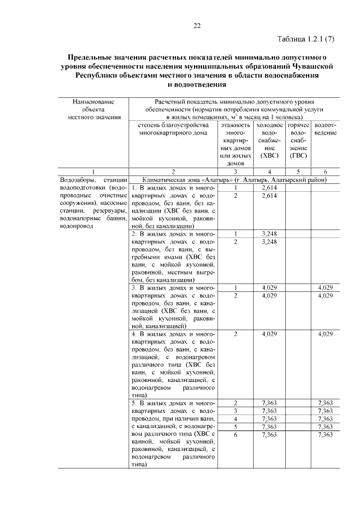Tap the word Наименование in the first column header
pyautogui.click(x=93, y=102)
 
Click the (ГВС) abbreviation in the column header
pyautogui.click(x=298, y=155)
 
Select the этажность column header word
pyautogui.click(x=235, y=125)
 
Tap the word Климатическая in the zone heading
pyautogui.click(x=168, y=179)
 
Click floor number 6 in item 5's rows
pyautogui.click(x=235, y=435)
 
